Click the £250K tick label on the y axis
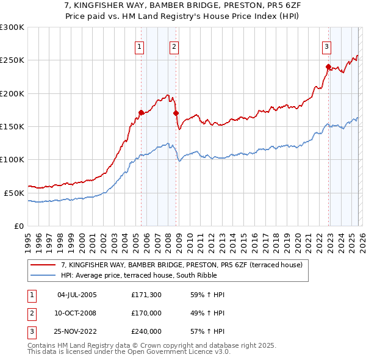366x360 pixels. pyautogui.click(x=12, y=60)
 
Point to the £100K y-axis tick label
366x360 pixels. pyautogui.click(x=12, y=159)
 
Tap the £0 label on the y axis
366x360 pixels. pyautogui.click(x=18, y=226)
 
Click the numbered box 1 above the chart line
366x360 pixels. pyautogui.click(x=140, y=46)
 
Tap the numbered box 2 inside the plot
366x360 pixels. pyautogui.click(x=174, y=46)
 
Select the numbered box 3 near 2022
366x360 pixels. pyautogui.click(x=326, y=46)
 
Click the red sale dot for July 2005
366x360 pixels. pyautogui.click(x=141, y=112)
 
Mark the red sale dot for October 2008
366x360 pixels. pyautogui.click(x=176, y=113)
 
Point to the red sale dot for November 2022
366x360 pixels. pyautogui.click(x=328, y=67)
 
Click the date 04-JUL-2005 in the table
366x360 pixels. pyautogui.click(x=77, y=295)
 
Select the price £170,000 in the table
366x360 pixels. pyautogui.click(x=146, y=313)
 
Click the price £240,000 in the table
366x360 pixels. pyautogui.click(x=146, y=331)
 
